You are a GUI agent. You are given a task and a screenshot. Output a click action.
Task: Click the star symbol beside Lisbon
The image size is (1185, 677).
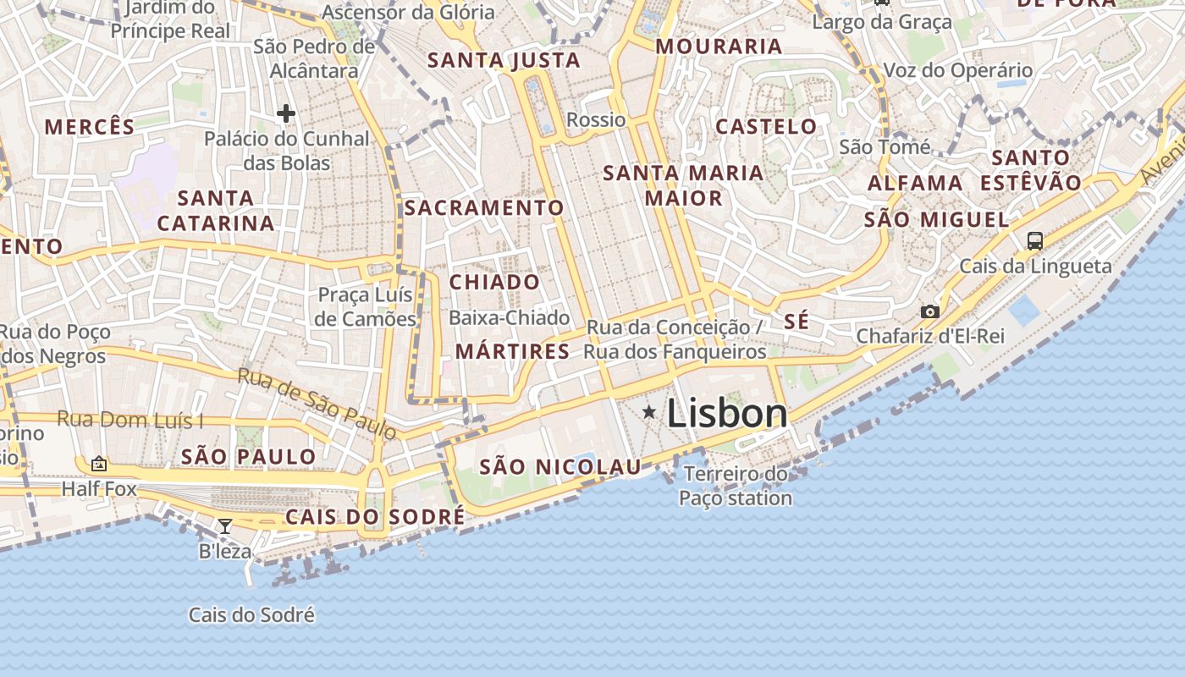[x=649, y=412]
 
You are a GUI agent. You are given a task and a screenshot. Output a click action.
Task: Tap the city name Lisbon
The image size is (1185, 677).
[x=727, y=414]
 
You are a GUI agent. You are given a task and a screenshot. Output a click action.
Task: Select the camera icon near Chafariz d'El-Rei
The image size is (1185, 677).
[x=930, y=311]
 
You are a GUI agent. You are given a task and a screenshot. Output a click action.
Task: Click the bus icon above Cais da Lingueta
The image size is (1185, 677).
[x=1034, y=240]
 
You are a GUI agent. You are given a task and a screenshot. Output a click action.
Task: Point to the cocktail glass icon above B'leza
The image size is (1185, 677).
[x=224, y=526]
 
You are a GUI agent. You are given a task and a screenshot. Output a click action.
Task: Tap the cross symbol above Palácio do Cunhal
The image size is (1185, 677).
[x=286, y=113]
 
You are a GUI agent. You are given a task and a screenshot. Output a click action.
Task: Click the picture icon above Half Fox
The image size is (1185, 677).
[x=99, y=464]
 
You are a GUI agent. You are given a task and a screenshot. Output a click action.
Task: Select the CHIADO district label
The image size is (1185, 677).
[x=494, y=282]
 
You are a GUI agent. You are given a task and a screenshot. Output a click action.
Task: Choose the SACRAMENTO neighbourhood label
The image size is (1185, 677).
[x=484, y=207]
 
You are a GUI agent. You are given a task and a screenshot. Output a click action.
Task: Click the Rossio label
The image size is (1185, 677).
[x=596, y=119]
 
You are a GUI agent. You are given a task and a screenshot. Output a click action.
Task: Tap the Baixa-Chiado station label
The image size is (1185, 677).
[x=510, y=317]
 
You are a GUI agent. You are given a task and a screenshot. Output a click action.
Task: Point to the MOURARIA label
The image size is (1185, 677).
[x=719, y=47]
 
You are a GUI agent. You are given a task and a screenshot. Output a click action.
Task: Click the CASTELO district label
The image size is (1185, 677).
[x=766, y=127]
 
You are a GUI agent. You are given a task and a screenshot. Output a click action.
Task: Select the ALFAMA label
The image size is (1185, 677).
[x=915, y=183]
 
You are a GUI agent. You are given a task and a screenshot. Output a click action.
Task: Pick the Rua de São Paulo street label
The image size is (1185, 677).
[x=317, y=403]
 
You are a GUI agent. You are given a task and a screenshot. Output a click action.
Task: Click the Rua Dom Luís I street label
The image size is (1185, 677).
[x=130, y=419]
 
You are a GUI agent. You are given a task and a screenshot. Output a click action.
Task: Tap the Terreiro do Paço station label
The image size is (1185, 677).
[x=736, y=486]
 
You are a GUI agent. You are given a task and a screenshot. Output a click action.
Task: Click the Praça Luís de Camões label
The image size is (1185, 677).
[x=366, y=306]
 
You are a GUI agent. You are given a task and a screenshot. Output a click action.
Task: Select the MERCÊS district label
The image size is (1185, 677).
[x=90, y=127]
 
